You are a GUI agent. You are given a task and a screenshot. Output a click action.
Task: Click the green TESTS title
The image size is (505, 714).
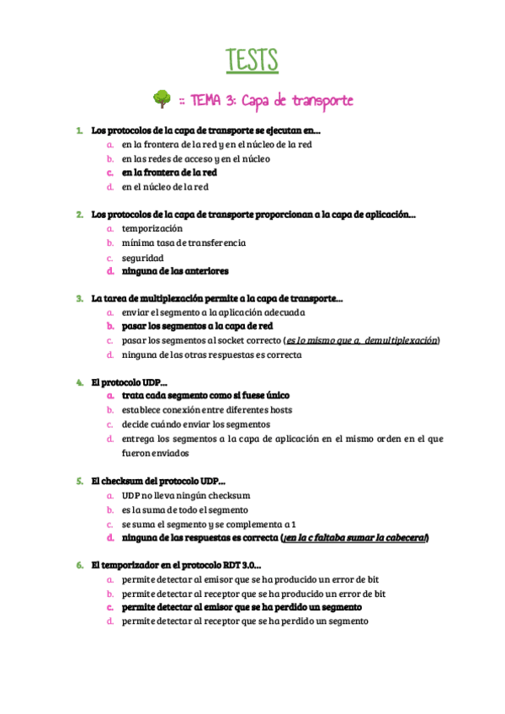tap(252, 61)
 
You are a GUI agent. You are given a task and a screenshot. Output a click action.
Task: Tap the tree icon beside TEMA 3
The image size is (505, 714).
tap(162, 100)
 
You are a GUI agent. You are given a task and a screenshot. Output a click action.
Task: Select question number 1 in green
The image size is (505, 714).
tap(78, 131)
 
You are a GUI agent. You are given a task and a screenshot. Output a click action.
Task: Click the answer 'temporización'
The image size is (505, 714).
tap(151, 228)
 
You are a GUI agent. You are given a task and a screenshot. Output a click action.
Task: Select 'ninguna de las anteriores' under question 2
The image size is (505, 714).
tap(174, 271)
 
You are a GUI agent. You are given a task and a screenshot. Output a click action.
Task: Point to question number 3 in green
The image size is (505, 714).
tap(78, 298)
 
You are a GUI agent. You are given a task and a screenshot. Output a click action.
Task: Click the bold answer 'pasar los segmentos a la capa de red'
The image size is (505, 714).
tap(197, 326)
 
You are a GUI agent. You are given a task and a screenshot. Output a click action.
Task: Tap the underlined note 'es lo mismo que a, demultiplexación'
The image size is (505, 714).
tap(362, 340)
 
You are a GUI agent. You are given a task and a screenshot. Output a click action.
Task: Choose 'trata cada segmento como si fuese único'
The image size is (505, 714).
tap(205, 396)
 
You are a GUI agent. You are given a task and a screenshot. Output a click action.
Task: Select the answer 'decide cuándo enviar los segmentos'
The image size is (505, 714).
tap(195, 424)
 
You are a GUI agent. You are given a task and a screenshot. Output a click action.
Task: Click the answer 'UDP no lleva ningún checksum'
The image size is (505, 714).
tap(186, 495)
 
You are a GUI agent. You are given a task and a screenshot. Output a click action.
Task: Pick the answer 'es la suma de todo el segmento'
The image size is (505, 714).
tap(184, 509)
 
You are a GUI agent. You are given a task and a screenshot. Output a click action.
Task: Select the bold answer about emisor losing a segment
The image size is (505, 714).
tap(242, 607)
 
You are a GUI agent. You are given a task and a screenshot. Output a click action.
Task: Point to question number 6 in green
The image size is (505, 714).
tap(78, 565)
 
